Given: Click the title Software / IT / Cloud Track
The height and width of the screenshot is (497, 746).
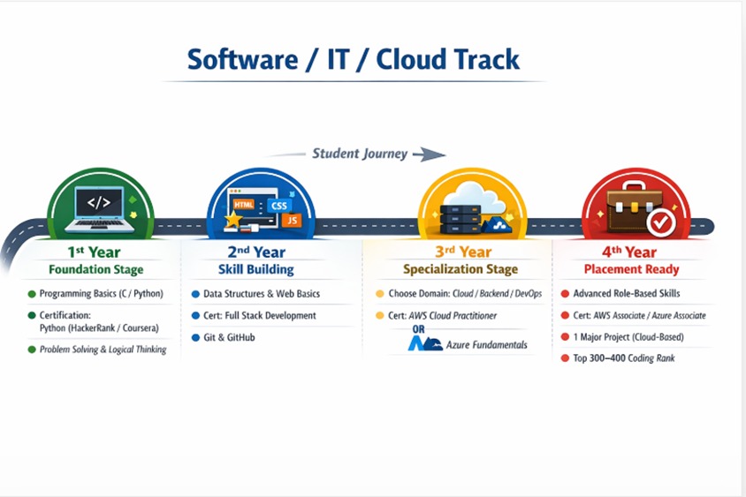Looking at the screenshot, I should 354,59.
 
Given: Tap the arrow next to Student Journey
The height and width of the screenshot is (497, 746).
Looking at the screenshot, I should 429,154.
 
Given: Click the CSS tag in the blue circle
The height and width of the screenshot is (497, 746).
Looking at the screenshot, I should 279,205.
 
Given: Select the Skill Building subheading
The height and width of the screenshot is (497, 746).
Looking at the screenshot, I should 255,269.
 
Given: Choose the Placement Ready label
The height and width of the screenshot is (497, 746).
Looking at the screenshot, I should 631,269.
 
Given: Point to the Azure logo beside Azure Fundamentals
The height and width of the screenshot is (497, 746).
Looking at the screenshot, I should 424,344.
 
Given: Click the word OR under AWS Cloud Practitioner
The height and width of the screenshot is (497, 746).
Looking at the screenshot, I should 419,330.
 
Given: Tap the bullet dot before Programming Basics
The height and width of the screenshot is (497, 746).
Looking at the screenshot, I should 32,294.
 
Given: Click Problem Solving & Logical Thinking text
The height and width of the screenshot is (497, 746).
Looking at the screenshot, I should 103,350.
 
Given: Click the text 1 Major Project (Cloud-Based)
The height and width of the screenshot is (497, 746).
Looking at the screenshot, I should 628,337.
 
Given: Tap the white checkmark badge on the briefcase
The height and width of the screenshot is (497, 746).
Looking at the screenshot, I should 658,223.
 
